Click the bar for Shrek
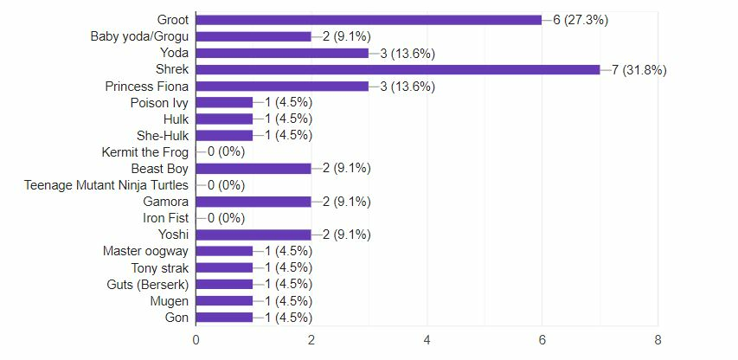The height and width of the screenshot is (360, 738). (x=398, y=69)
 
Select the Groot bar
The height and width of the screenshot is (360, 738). (x=369, y=20)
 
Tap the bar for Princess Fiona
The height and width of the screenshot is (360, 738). (x=283, y=86)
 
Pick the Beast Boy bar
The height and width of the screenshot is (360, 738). (x=253, y=168)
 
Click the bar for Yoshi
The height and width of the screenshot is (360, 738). (x=253, y=235)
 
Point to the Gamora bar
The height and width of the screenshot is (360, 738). (x=253, y=202)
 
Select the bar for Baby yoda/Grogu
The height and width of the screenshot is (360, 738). (x=253, y=36)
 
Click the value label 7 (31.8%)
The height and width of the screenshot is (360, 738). (x=639, y=70)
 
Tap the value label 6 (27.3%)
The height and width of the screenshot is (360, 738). (x=581, y=20)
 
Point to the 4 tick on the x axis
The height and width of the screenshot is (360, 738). (x=427, y=340)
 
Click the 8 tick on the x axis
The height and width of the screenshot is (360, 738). (x=658, y=340)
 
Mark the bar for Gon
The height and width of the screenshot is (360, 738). (x=225, y=318)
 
